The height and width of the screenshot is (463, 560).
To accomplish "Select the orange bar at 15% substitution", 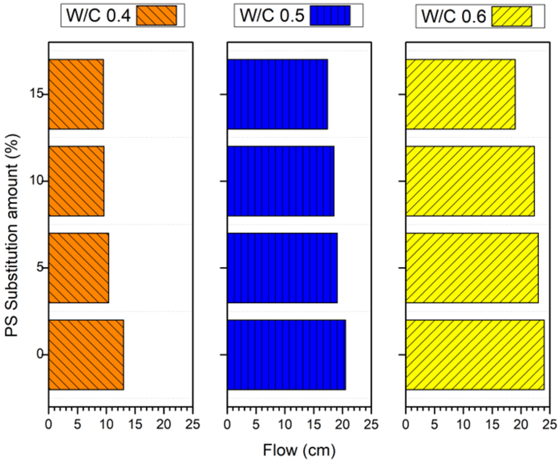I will [76, 94].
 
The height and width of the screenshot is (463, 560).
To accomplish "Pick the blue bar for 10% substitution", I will [280, 181].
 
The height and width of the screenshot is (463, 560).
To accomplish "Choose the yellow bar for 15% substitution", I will [460, 94].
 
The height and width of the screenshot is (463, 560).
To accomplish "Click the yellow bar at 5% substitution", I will [472, 268].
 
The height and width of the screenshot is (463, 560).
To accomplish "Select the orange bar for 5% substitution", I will [79, 268].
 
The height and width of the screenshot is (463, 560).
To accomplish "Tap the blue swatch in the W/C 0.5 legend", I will [330, 15].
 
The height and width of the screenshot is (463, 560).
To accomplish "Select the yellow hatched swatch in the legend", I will [511, 16].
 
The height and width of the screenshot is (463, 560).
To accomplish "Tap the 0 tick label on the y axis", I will [40, 355].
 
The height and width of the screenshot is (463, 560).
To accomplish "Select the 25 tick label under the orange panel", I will [192, 424].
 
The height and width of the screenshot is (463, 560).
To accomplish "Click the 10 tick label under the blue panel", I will [285, 424].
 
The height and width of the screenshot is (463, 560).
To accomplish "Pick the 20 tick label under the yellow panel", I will [521, 424].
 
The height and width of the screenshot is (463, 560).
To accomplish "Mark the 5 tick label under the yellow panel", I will [435, 424].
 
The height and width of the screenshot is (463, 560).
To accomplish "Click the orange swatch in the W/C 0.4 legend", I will [157, 15].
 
